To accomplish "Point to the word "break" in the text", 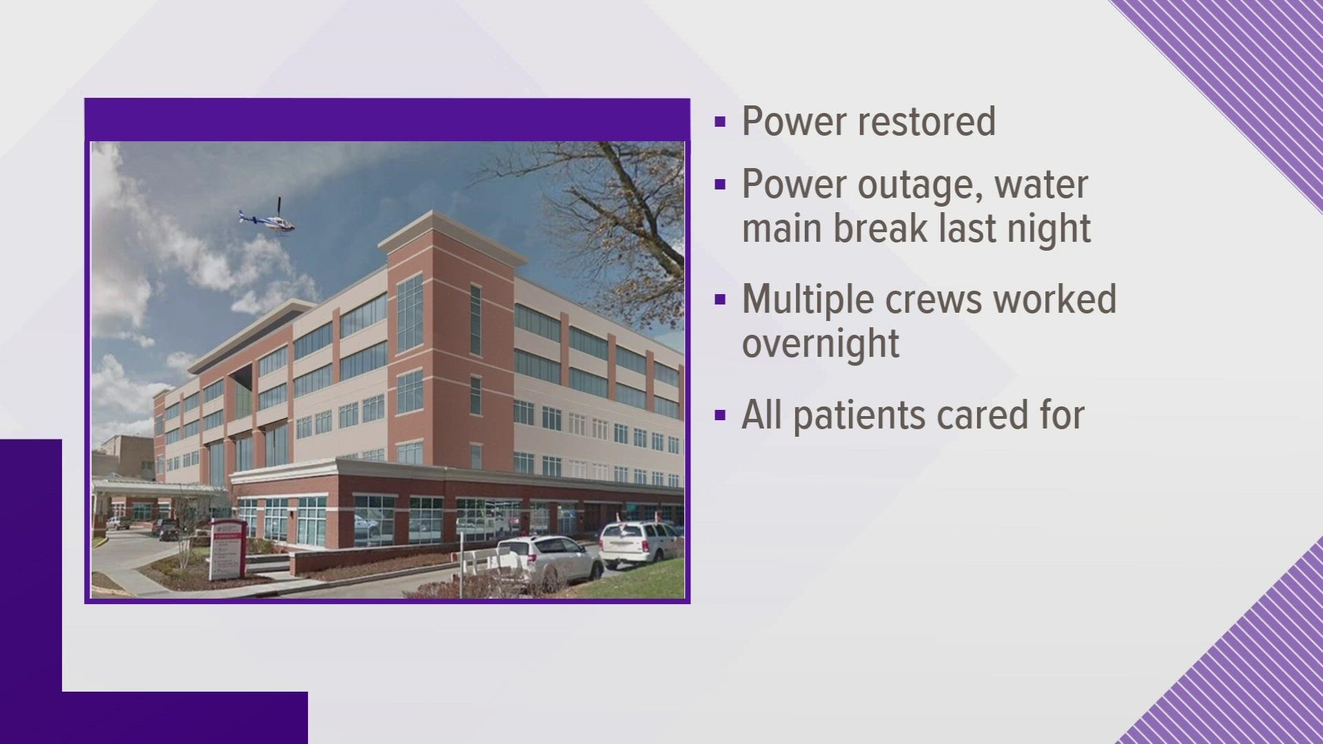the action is click(x=876, y=227).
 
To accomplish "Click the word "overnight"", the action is click(x=821, y=343).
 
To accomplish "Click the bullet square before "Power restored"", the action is click(x=721, y=122).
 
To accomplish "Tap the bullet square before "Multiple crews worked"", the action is click(x=721, y=300).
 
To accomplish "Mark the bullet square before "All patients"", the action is click(x=721, y=415).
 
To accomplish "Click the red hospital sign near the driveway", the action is click(x=227, y=548).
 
